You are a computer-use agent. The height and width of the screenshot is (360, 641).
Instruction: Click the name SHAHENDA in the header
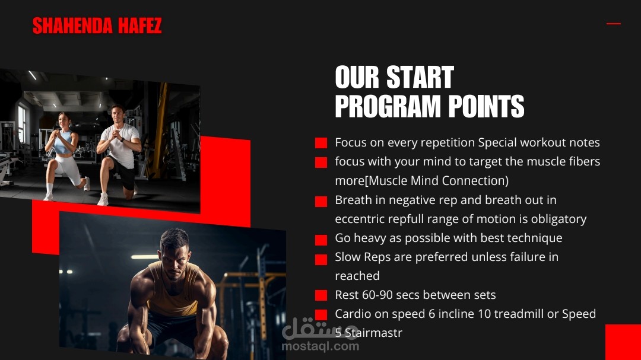(72, 26)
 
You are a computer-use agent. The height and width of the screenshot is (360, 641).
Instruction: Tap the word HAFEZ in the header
(140, 26)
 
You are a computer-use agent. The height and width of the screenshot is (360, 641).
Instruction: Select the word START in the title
(420, 77)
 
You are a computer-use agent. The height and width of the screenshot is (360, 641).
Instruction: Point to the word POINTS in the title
(486, 106)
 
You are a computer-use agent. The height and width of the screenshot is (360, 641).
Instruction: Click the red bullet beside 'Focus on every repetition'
(321, 142)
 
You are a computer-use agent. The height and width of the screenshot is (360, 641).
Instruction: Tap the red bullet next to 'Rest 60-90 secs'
(321, 295)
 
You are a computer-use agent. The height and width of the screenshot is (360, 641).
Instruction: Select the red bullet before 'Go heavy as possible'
(321, 240)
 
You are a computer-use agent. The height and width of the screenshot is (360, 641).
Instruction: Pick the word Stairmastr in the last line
(373, 333)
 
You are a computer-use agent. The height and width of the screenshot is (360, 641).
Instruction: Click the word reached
(357, 276)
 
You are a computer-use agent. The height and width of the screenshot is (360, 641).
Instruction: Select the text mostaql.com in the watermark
(320, 346)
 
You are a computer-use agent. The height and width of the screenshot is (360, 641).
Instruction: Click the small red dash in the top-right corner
(613, 24)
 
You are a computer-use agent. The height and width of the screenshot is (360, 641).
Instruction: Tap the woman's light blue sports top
(64, 142)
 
